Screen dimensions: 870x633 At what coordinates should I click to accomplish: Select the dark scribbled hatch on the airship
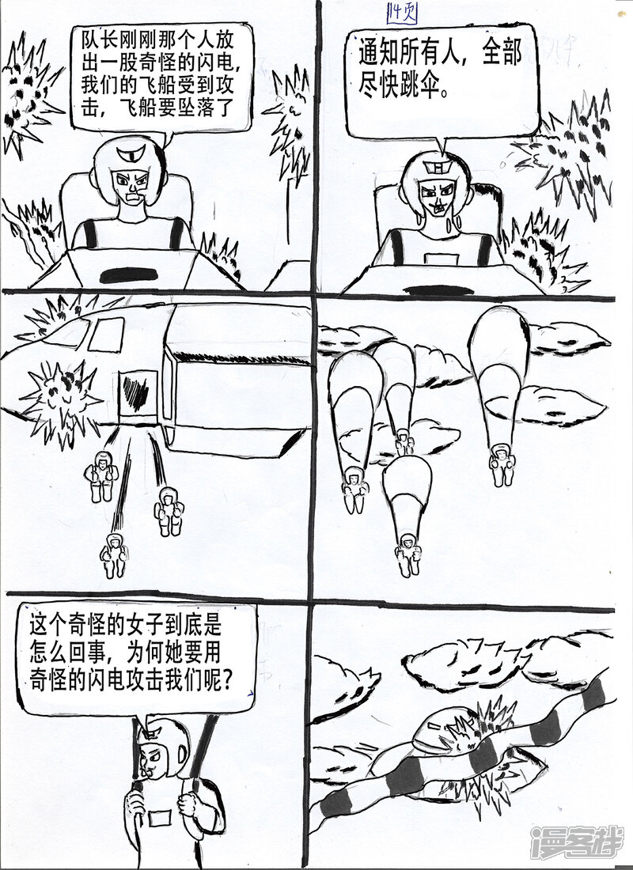(135, 391)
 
